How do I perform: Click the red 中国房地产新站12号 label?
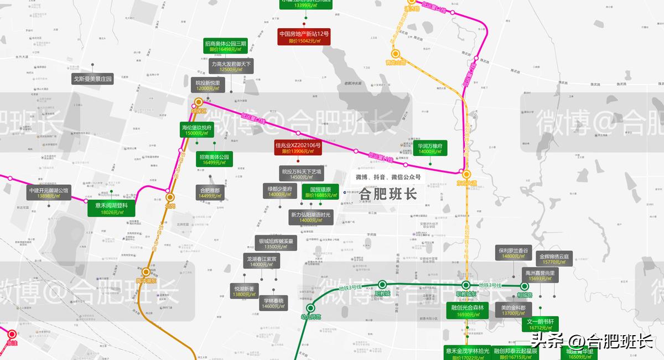click(304, 37)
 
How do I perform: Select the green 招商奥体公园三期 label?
click(225, 46)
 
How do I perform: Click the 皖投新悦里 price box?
click(208, 85)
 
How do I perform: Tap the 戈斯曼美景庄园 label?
click(93, 79)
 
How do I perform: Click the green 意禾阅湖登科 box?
click(111, 208)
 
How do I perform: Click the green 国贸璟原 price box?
click(320, 192)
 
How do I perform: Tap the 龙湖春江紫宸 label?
click(263, 262)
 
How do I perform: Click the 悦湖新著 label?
click(244, 291)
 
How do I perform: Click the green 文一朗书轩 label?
click(540, 324)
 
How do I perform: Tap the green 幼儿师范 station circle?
click(310, 308)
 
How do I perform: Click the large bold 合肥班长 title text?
click(388, 194)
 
